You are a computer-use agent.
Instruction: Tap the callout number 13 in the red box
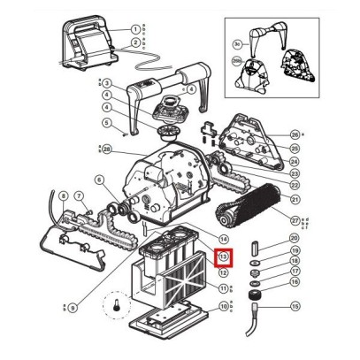coord(224,257)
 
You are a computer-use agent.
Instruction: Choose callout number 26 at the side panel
coord(295,134)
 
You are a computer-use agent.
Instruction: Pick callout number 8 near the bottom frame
coord(63,195)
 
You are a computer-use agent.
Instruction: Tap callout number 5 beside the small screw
coord(105,122)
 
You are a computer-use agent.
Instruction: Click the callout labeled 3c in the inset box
coord(236,42)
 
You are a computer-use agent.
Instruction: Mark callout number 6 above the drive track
coord(98,180)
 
